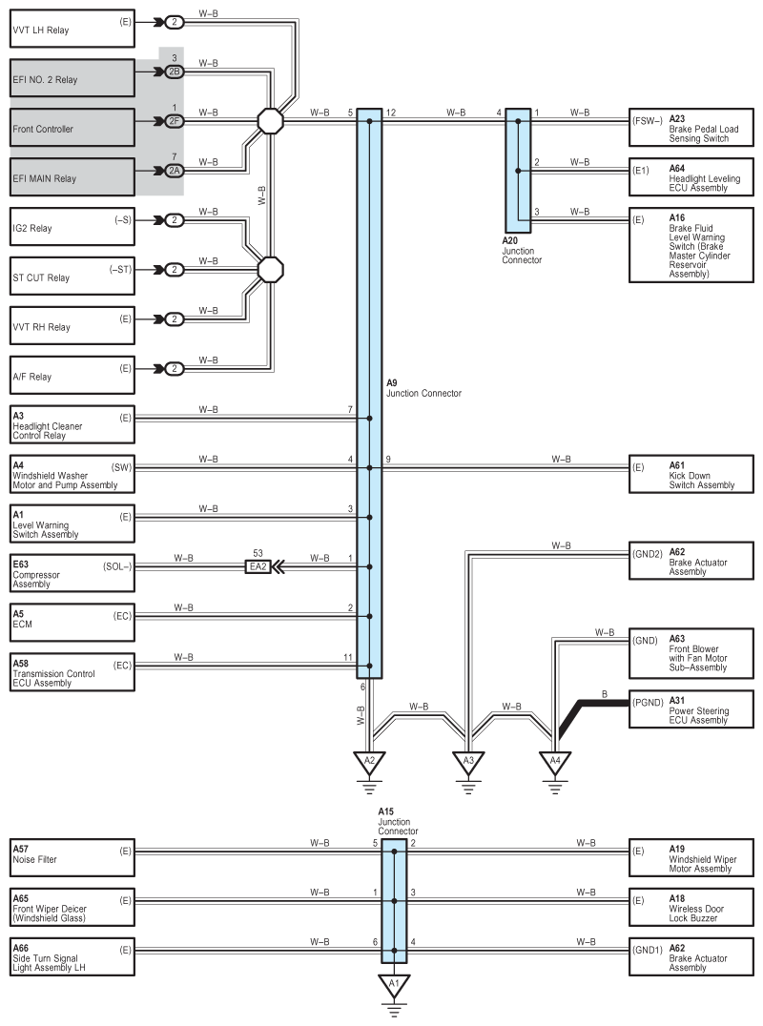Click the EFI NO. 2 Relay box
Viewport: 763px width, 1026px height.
tap(72, 79)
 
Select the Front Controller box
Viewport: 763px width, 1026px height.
tap(72, 129)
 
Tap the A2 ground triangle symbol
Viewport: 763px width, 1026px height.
tap(369, 762)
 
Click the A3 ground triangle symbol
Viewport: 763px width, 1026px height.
tap(467, 762)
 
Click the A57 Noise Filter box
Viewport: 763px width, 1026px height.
tap(72, 854)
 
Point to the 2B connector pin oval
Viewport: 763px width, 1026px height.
tap(174, 72)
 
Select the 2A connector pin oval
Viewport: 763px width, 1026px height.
tap(174, 172)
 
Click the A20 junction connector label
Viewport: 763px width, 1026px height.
tap(522, 250)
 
